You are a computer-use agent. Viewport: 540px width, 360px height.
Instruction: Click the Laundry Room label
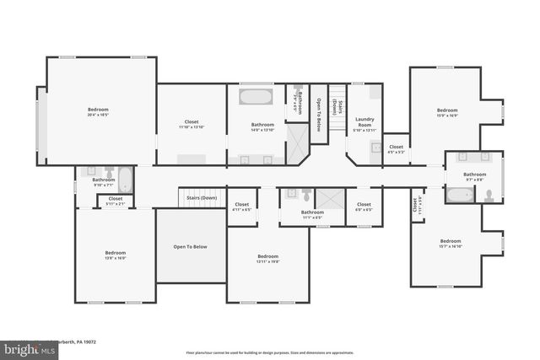click(364, 123)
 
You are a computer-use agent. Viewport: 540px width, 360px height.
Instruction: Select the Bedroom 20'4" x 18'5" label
click(98, 113)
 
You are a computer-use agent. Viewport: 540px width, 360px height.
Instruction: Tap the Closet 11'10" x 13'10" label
click(192, 125)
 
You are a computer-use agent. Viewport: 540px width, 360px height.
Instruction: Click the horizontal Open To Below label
click(191, 247)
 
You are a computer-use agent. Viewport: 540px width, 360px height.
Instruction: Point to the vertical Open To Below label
click(319, 116)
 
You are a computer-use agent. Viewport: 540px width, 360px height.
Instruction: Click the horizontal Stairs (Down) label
click(202, 198)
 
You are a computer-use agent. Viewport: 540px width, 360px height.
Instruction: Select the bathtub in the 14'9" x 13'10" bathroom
click(256, 97)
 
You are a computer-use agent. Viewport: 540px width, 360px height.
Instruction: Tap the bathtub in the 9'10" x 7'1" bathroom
click(124, 180)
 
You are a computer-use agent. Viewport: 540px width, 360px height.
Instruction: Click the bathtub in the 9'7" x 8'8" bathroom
click(460, 196)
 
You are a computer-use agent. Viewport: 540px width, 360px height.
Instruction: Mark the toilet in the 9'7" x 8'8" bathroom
click(489, 196)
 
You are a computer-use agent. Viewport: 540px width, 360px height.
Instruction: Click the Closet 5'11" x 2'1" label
click(115, 201)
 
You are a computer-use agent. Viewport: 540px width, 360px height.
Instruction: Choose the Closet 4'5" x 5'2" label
click(396, 148)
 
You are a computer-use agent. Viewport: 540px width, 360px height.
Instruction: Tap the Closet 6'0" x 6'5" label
click(364, 206)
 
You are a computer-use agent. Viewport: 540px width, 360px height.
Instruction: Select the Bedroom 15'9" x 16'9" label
click(447, 113)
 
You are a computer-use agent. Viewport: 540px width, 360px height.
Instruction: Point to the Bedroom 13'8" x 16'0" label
click(115, 255)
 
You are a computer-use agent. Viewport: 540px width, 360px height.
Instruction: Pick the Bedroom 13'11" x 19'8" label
click(268, 258)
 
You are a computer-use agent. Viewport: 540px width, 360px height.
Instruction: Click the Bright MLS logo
click(25, 348)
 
